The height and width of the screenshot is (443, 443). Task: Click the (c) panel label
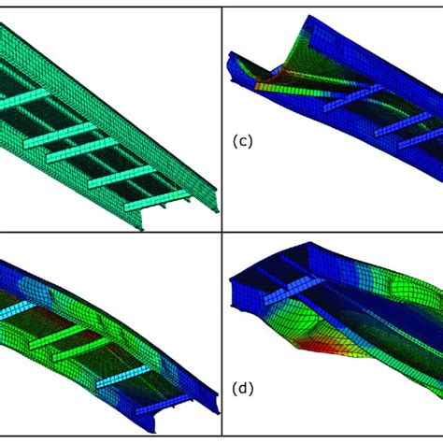(x=241, y=142)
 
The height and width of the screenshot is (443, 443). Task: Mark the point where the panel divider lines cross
(x=221, y=233)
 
